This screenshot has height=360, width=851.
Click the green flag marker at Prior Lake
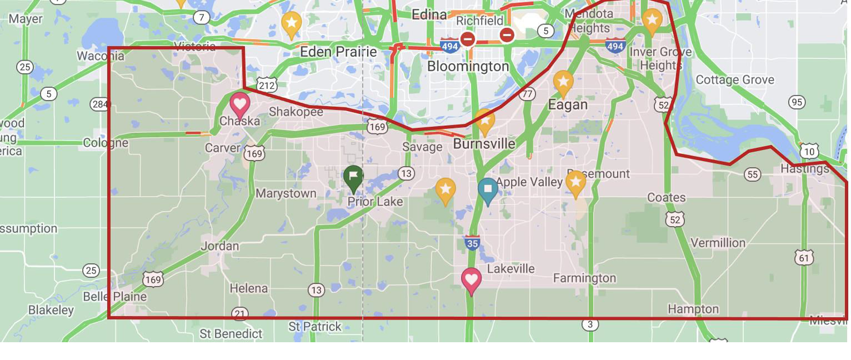353,177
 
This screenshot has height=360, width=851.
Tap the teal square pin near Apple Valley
488,189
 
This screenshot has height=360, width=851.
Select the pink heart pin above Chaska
239,104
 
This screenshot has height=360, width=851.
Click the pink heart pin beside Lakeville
471,279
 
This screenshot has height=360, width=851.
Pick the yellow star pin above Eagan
563,82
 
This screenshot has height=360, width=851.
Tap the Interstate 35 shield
472,243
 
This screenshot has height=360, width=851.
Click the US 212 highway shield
267,85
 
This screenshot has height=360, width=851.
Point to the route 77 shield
527,94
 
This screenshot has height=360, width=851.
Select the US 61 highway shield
804,257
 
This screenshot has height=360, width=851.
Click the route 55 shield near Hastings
752,174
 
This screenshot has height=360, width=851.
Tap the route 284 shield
100,104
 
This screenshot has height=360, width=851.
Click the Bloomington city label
468,67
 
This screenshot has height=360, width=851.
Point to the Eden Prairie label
338,52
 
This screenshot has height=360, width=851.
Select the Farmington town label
585,278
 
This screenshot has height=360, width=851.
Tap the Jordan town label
220,246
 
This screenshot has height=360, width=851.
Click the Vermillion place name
718,243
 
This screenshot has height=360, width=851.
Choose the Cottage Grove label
735,79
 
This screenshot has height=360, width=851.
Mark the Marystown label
286,193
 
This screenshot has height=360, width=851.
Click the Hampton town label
693,309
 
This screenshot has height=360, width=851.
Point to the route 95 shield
797,102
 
